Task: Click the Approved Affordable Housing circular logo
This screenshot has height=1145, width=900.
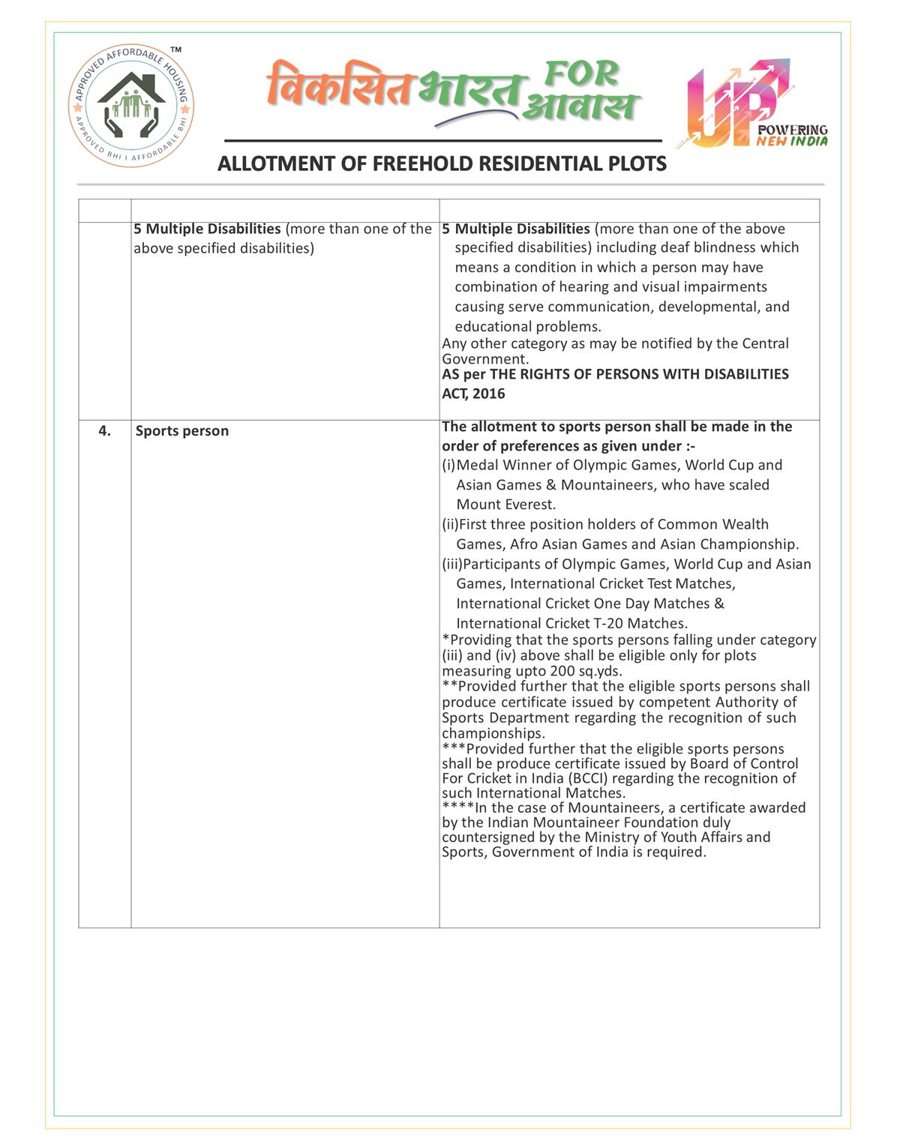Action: tap(131, 105)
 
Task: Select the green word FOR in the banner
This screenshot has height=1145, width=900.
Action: tap(581, 73)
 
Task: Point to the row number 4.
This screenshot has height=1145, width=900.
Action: tap(105, 430)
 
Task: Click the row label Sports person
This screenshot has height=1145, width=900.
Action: tap(182, 431)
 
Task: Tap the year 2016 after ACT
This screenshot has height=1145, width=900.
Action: tap(489, 394)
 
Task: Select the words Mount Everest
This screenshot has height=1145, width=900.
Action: tap(505, 505)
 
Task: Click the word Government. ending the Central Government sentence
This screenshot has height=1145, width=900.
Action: tap(475, 359)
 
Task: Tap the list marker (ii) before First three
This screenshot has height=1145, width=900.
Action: tap(450, 524)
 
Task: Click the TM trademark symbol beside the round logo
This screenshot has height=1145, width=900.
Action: tap(176, 49)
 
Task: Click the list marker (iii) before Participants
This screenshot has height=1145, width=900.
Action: tap(451, 564)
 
